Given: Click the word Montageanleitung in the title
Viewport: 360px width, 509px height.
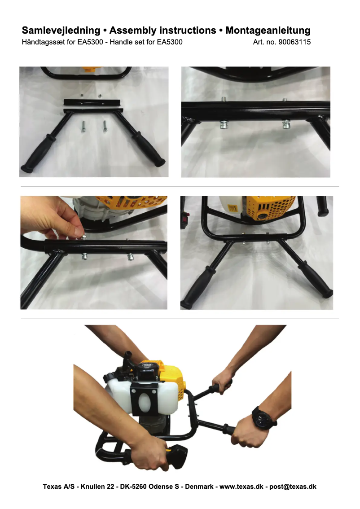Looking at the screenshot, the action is click(268, 31).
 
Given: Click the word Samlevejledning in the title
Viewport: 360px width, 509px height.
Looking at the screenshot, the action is click(61, 31).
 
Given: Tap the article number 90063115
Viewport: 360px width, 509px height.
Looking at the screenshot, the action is click(294, 42).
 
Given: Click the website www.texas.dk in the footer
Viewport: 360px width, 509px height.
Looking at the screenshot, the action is click(241, 487).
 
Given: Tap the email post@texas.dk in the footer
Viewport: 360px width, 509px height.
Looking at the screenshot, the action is click(293, 487).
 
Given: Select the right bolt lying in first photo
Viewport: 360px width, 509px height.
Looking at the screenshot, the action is click(105, 126).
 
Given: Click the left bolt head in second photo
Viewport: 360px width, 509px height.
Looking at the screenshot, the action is click(224, 124).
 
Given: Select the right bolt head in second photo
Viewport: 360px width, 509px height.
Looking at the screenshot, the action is click(285, 124).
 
